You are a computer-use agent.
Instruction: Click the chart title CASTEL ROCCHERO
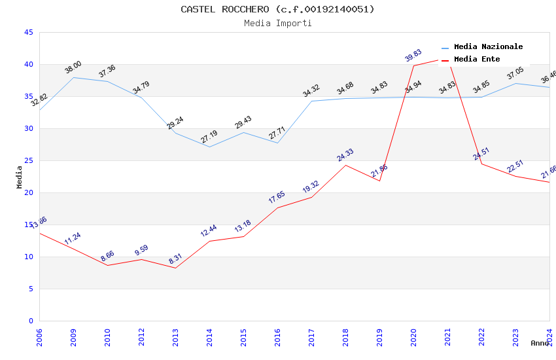[x=277, y=9]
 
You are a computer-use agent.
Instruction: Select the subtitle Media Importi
[x=277, y=24]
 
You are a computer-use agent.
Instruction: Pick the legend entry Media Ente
[x=477, y=60]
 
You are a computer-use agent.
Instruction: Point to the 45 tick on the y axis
[x=28, y=32]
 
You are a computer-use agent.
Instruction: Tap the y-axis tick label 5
[x=31, y=289]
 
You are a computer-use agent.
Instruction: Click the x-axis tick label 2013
[x=175, y=337]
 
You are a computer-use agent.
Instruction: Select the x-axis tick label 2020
[x=413, y=337]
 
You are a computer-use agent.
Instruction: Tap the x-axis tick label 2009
[x=73, y=337]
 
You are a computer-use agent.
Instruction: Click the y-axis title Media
[x=20, y=177]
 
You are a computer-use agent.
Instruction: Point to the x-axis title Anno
[x=540, y=343]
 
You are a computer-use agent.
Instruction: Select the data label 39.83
[x=413, y=55]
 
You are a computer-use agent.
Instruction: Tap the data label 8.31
[x=175, y=259]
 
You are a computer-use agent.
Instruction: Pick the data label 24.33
[x=345, y=155]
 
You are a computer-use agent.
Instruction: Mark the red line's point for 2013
[x=175, y=268]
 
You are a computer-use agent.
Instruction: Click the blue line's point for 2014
[x=209, y=147]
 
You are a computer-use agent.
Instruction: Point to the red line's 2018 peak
[x=345, y=165]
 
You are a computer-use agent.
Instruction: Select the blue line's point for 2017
[x=311, y=101]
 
